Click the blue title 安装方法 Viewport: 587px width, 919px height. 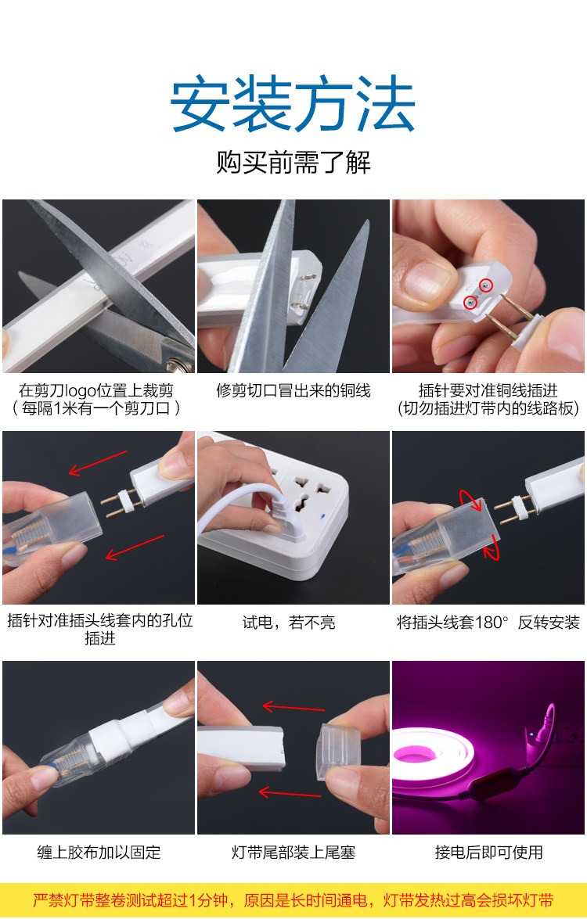tap(293, 103)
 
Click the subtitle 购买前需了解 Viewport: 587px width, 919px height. tap(293, 162)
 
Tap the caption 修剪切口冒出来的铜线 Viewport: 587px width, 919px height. tap(293, 390)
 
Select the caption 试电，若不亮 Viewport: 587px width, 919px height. tap(289, 622)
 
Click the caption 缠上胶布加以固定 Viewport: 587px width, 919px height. tap(99, 853)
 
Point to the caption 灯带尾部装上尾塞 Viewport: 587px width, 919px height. tap(293, 853)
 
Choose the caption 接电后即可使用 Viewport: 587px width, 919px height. tap(488, 853)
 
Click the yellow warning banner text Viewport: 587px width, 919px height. tap(293, 899)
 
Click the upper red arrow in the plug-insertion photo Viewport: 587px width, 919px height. tap(98, 462)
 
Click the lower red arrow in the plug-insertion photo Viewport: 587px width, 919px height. tap(135, 547)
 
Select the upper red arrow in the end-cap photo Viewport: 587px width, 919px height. tap(293, 707)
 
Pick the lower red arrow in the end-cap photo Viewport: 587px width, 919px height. tap(290, 794)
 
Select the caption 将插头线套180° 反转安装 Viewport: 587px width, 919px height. tap(488, 622)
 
